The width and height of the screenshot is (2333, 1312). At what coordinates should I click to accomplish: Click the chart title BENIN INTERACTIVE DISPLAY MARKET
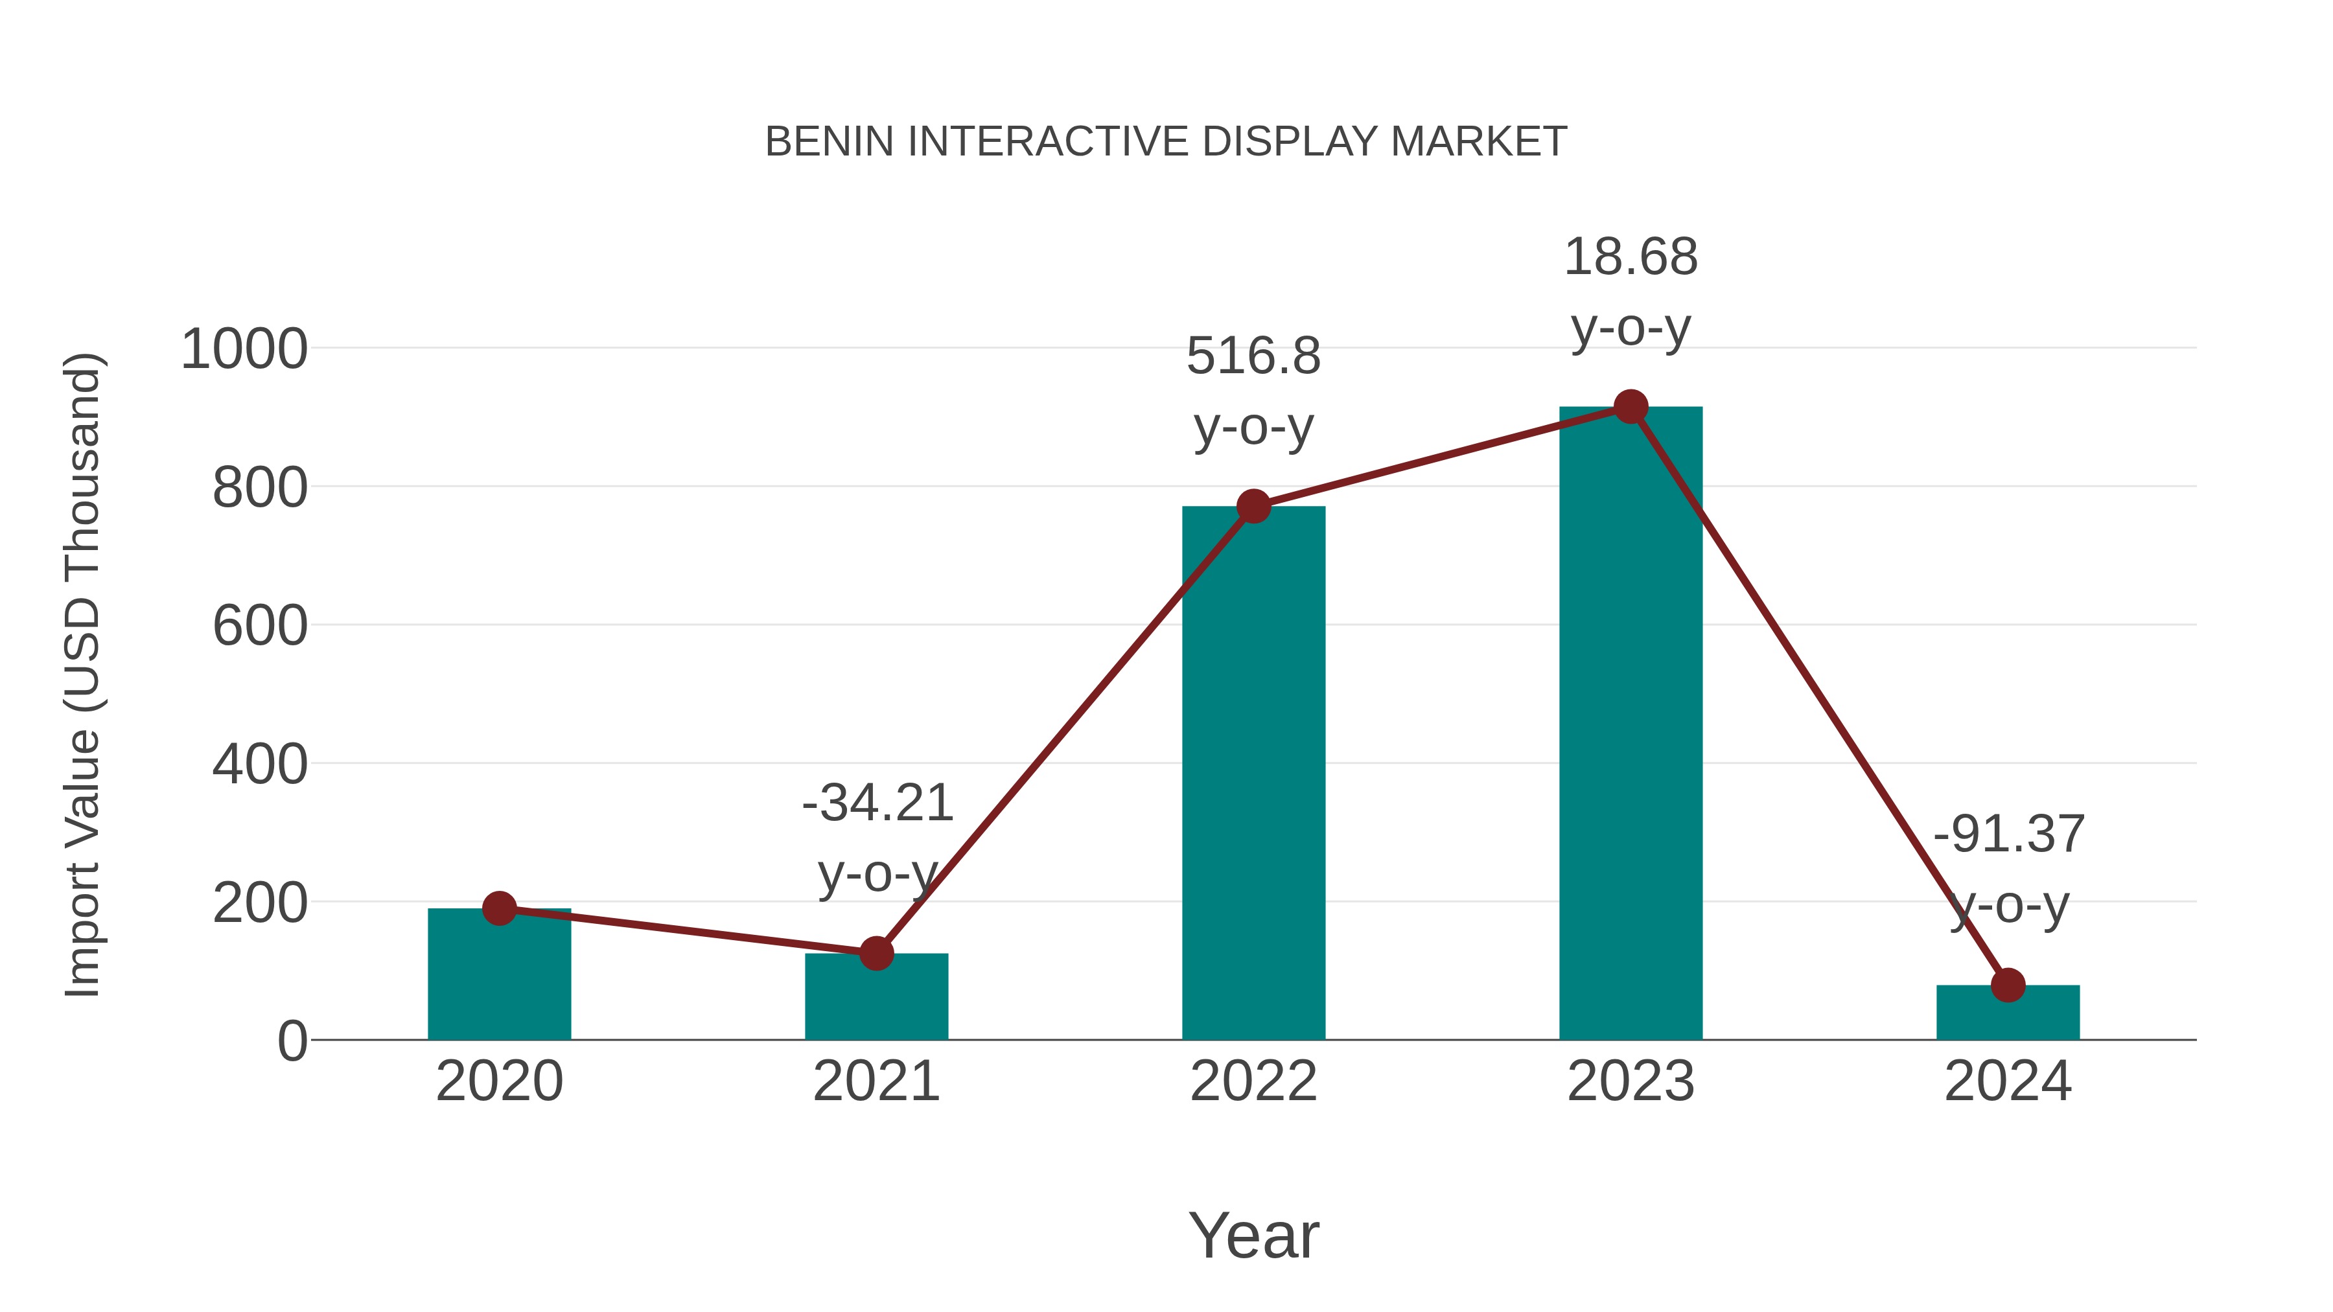pyautogui.click(x=1166, y=142)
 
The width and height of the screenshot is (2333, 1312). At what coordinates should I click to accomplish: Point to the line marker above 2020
pyautogui.click(x=499, y=908)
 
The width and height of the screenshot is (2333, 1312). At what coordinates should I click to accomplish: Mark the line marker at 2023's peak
pyautogui.click(x=1631, y=408)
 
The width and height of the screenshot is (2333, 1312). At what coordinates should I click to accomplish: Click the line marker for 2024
pyautogui.click(x=2008, y=985)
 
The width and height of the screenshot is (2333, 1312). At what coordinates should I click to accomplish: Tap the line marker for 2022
pyautogui.click(x=1253, y=506)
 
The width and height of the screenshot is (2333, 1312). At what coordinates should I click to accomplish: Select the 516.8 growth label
pyautogui.click(x=1253, y=356)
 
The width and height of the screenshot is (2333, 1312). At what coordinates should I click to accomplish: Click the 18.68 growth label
pyautogui.click(x=1631, y=257)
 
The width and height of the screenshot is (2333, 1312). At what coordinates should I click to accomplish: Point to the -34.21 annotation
pyautogui.click(x=877, y=803)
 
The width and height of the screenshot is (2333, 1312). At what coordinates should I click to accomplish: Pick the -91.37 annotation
pyautogui.click(x=2008, y=834)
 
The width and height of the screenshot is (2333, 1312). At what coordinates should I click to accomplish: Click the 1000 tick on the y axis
pyautogui.click(x=244, y=349)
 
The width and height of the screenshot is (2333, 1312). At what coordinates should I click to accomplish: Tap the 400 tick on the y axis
pyautogui.click(x=260, y=765)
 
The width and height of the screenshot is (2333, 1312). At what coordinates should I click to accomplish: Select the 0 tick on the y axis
pyautogui.click(x=292, y=1041)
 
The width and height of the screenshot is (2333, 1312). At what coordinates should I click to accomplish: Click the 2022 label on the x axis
pyautogui.click(x=1253, y=1081)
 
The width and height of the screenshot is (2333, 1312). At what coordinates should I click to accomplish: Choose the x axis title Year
pyautogui.click(x=1253, y=1235)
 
